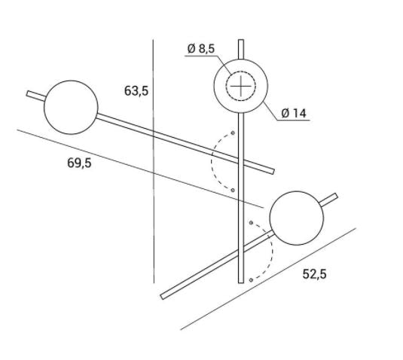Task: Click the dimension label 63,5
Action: pos(136,91)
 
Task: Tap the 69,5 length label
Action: pos(79,163)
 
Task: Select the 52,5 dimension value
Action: pos(314,274)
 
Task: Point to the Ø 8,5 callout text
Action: pos(201,49)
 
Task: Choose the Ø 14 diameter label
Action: pos(293,114)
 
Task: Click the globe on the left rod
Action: pos(72,108)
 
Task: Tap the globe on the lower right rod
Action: pos(297,218)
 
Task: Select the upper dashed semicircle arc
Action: pos(214,160)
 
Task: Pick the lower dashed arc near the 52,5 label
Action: pos(268,252)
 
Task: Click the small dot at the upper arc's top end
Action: pos(233,133)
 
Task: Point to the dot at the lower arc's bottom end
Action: pos(250,280)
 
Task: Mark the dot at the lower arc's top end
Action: pos(251,223)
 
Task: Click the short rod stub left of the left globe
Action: pos(35,96)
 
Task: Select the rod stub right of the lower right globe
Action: pos(331,199)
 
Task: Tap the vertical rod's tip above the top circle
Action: pos(240,47)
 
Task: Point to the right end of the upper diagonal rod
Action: pos(270,170)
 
